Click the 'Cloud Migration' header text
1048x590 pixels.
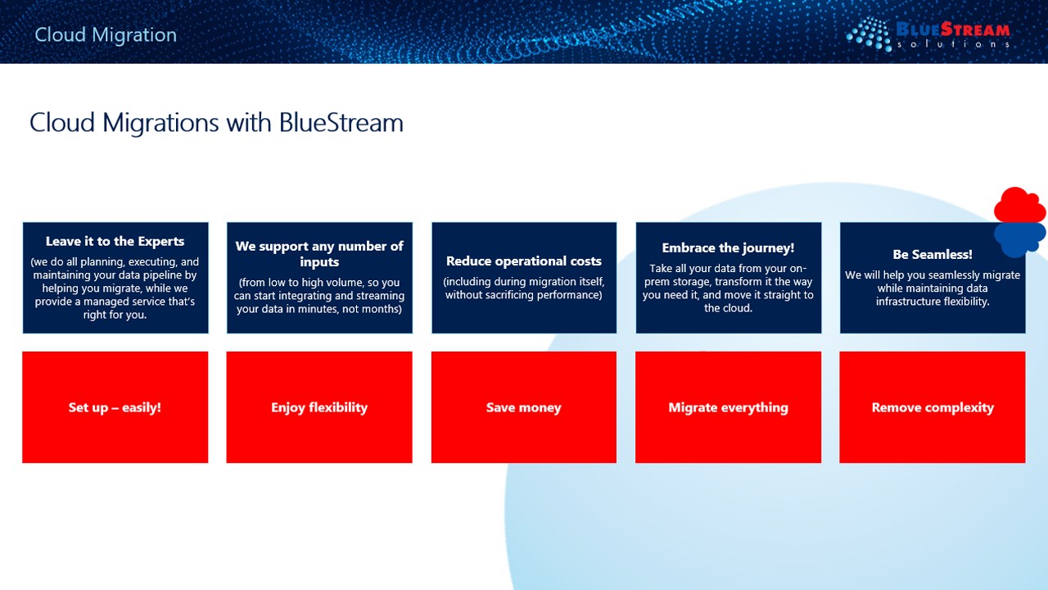click(x=106, y=35)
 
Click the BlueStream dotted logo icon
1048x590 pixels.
click(x=869, y=34)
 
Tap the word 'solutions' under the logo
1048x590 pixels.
click(x=953, y=44)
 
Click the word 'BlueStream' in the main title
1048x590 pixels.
click(x=341, y=123)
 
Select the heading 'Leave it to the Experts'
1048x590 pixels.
click(x=115, y=241)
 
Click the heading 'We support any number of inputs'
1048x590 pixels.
click(x=319, y=254)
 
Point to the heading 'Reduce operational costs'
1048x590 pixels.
click(x=524, y=261)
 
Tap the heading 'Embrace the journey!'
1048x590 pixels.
click(x=728, y=248)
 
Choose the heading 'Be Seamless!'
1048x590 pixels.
click(x=933, y=254)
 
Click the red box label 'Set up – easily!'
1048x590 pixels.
click(x=115, y=407)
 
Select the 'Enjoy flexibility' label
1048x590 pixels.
click(x=319, y=407)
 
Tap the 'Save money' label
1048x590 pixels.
click(x=523, y=407)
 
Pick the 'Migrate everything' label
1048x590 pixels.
click(x=728, y=407)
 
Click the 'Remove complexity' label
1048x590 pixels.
click(x=933, y=407)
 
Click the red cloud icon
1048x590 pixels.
click(x=1019, y=206)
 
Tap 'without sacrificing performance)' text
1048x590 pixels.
click(x=523, y=295)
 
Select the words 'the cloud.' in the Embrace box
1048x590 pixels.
click(x=728, y=308)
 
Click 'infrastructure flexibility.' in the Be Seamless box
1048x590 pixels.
click(x=933, y=302)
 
